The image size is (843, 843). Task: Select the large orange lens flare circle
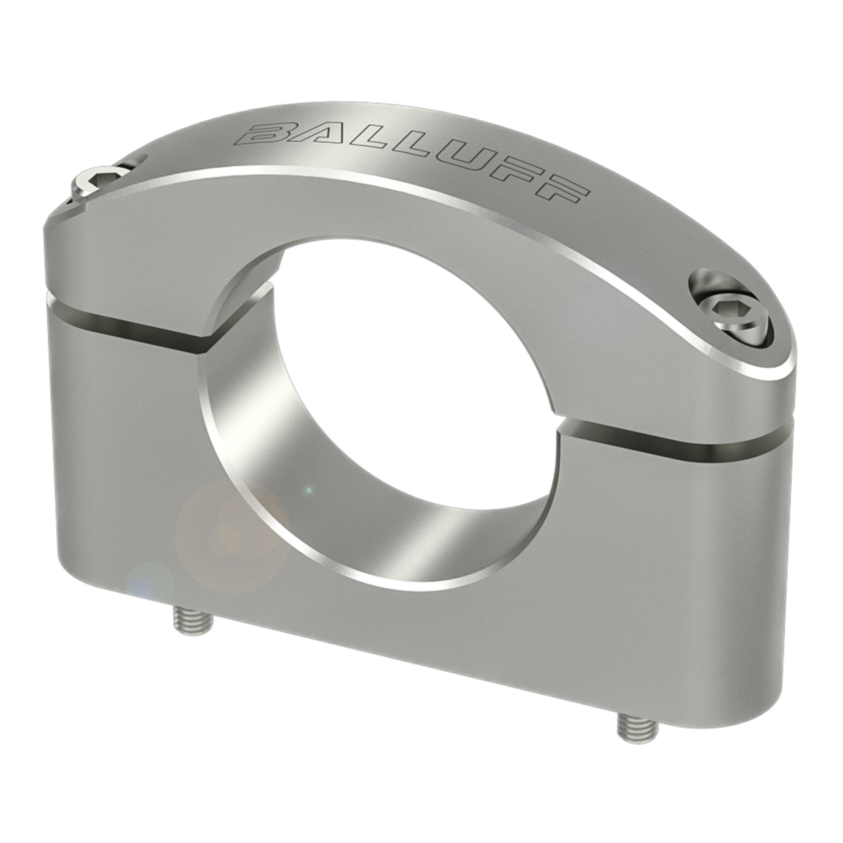[231, 533]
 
